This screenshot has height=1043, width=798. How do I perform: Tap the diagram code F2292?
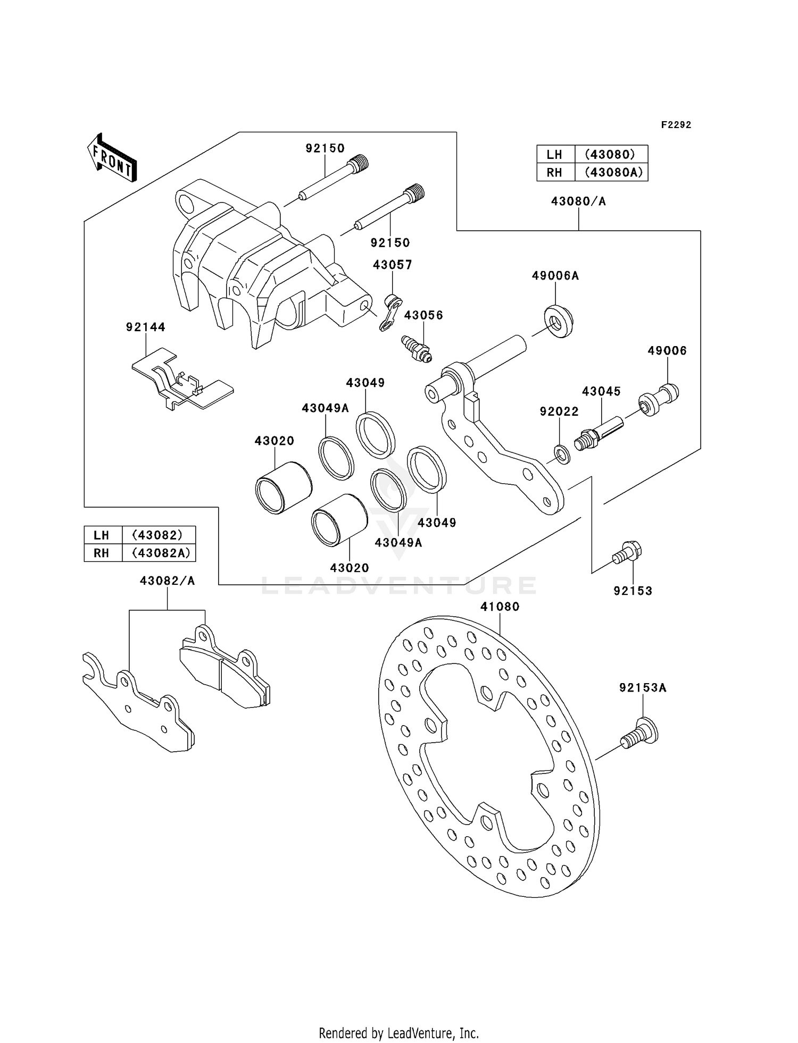pos(676,125)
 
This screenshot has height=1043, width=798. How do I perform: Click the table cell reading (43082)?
pos(158,535)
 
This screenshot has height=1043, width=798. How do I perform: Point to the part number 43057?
pos(392,265)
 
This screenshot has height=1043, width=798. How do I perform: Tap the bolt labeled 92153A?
pos(639,734)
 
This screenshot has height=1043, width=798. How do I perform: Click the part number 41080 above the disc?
pos(500,607)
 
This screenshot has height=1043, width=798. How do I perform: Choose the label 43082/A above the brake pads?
pos(167,581)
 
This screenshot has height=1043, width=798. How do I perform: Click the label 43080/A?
pos(578,201)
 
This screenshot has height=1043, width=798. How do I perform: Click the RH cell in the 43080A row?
pos(554,172)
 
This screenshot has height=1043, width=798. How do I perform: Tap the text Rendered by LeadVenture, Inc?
pos(398,1033)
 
